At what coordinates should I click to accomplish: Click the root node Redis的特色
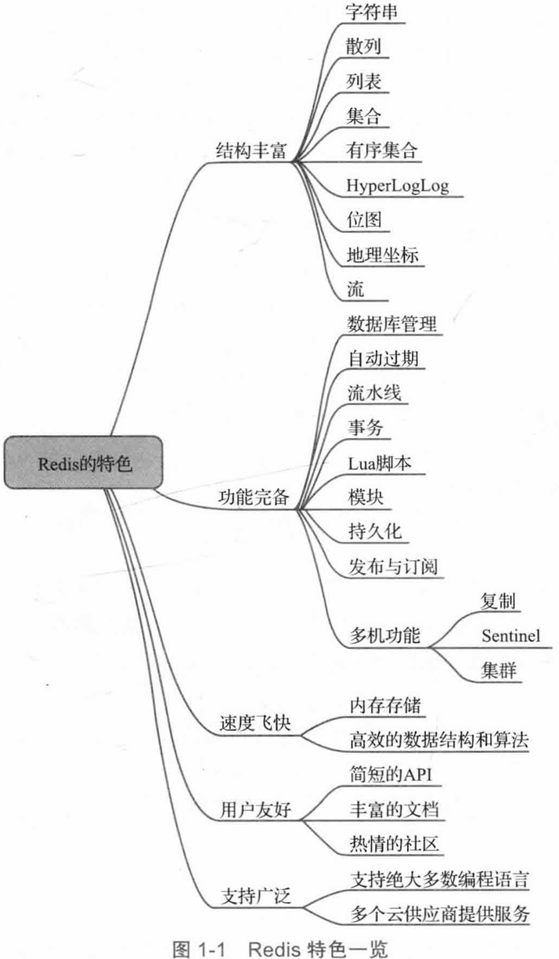[x=85, y=462]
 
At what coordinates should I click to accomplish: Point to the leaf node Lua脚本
[x=384, y=461]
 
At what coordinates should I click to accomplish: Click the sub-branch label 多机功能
[x=384, y=635]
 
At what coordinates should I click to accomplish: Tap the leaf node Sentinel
[x=510, y=635]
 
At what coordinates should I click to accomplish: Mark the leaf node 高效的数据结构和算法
[x=440, y=739]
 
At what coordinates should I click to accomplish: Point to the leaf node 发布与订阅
[x=396, y=566]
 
